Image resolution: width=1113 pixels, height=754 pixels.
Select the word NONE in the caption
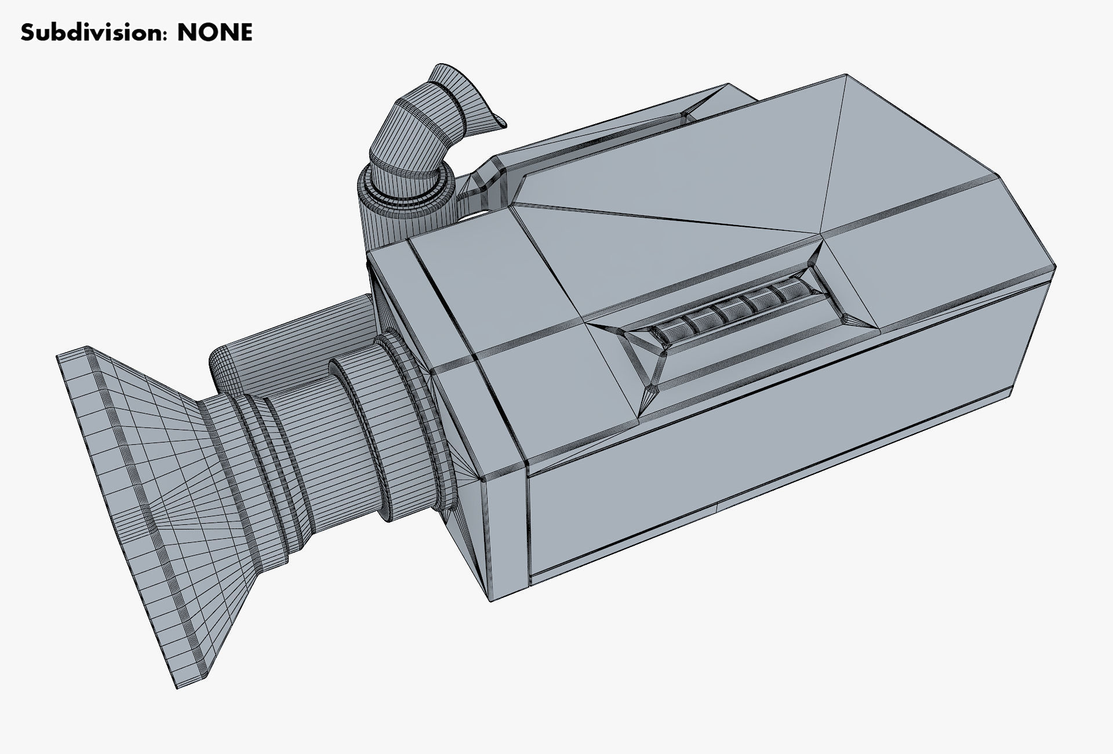[214, 32]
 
